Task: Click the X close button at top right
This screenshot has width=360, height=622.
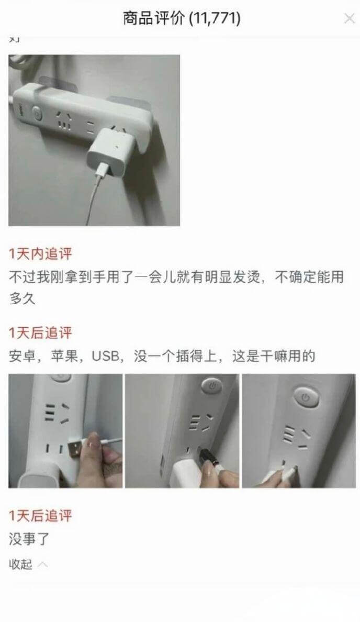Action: pyautogui.click(x=349, y=19)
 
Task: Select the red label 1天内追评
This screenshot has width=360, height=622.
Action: pyautogui.click(x=40, y=254)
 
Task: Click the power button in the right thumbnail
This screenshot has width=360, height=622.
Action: pyautogui.click(x=304, y=397)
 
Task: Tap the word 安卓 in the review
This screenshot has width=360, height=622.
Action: pyautogui.click(x=21, y=357)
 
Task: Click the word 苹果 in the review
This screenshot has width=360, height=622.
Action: pyautogui.click(x=64, y=357)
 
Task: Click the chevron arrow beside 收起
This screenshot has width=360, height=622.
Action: pyautogui.click(x=43, y=564)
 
